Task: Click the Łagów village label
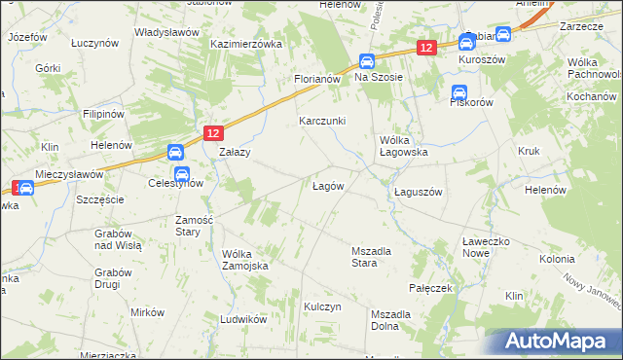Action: pyautogui.click(x=326, y=186)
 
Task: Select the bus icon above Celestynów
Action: pyautogui.click(x=174, y=153)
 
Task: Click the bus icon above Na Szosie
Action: pyautogui.click(x=366, y=59)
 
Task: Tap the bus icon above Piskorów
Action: pyautogui.click(x=458, y=92)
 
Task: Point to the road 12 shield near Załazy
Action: pyautogui.click(x=214, y=132)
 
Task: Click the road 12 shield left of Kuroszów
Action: pyautogui.click(x=424, y=47)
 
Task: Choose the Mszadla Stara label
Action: pyautogui.click(x=371, y=257)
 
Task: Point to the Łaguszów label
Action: pyautogui.click(x=419, y=192)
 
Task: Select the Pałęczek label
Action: pyautogui.click(x=432, y=289)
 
